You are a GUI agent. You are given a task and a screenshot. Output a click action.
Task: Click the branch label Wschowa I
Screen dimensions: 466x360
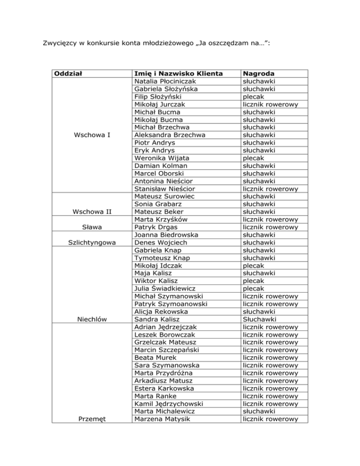[92, 135]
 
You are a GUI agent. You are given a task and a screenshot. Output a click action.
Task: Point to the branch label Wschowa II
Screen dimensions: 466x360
[92, 211]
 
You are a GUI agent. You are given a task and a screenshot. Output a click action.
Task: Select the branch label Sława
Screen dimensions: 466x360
[92, 227]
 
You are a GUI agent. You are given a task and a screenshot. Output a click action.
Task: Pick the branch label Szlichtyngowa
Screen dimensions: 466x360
[92, 242]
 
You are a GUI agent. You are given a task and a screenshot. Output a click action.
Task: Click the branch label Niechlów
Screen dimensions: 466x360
[92, 319]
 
